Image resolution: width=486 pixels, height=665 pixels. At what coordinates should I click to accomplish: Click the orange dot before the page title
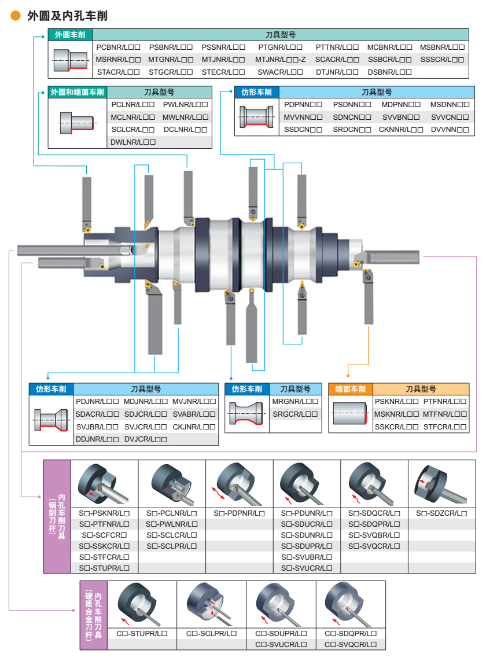click(x=16, y=16)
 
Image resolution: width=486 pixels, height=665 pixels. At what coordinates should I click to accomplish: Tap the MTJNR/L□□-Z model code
click(x=281, y=60)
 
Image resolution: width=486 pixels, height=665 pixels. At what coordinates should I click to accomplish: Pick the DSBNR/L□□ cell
click(x=389, y=72)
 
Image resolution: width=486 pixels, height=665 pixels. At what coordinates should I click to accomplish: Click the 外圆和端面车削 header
click(x=78, y=92)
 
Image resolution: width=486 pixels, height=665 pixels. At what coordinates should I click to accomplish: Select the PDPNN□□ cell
click(x=303, y=105)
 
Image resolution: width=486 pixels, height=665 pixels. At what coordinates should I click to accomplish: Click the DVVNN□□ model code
click(x=450, y=130)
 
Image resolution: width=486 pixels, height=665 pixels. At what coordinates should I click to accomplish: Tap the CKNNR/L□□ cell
click(x=401, y=130)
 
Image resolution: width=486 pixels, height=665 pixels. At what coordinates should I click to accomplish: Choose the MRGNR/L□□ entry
click(x=296, y=402)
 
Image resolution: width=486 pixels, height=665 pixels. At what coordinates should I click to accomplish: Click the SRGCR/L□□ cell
click(x=296, y=414)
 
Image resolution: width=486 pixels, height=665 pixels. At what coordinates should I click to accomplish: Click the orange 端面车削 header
click(x=351, y=389)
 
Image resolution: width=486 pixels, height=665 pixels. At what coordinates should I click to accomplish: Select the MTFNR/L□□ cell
click(x=444, y=414)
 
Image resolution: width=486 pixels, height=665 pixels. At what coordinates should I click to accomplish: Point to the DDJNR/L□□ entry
click(x=97, y=440)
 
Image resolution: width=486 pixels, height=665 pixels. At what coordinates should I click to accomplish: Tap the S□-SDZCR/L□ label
click(x=441, y=513)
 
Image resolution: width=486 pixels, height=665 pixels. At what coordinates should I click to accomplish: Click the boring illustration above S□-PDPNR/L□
click(x=239, y=484)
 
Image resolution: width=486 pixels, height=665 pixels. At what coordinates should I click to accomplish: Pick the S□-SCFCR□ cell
click(x=104, y=535)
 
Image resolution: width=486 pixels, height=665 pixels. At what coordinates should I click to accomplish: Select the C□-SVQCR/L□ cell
click(x=351, y=645)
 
